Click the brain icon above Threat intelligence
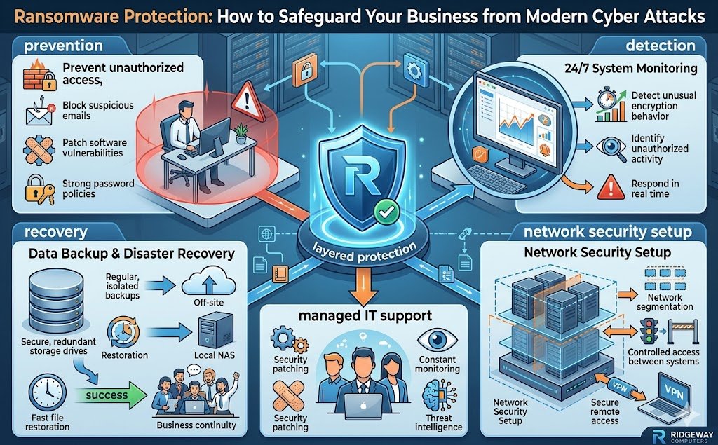click(x=437, y=395)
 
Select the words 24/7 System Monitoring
click(x=630, y=69)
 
